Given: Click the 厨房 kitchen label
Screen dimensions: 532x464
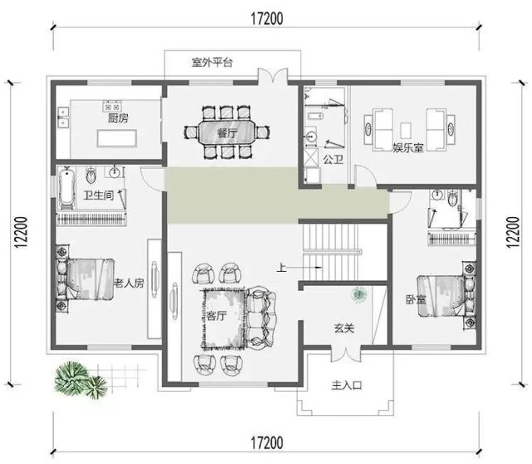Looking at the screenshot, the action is (118, 118).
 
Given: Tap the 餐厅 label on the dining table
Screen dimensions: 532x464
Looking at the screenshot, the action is (227, 133).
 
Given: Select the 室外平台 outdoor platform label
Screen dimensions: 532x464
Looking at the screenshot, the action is (212, 62).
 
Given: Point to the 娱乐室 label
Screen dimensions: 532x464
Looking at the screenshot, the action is (408, 147).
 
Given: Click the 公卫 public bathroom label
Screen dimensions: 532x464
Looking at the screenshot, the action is (333, 160).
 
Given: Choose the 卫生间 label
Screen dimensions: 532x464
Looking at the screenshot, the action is (99, 195).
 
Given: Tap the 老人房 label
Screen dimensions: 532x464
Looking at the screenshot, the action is (129, 283).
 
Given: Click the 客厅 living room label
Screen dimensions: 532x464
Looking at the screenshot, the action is (217, 316).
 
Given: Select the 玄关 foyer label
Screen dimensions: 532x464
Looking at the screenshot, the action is (344, 328).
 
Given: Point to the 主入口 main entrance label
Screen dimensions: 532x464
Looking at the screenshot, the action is (346, 385).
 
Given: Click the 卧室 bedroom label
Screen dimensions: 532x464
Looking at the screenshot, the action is (416, 299).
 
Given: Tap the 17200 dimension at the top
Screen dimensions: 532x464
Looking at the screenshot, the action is (266, 18).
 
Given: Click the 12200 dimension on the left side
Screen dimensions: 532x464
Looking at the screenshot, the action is (21, 232).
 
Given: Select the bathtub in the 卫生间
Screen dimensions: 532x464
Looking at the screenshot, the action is (66, 187).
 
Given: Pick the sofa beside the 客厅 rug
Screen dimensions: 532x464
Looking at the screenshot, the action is (261, 317).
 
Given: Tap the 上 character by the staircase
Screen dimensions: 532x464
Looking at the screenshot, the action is (281, 268).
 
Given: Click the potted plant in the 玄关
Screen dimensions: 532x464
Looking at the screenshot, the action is (359, 294).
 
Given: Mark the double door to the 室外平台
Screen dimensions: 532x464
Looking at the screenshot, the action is (272, 76).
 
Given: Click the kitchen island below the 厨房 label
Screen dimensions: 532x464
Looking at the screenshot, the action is (117, 138).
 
